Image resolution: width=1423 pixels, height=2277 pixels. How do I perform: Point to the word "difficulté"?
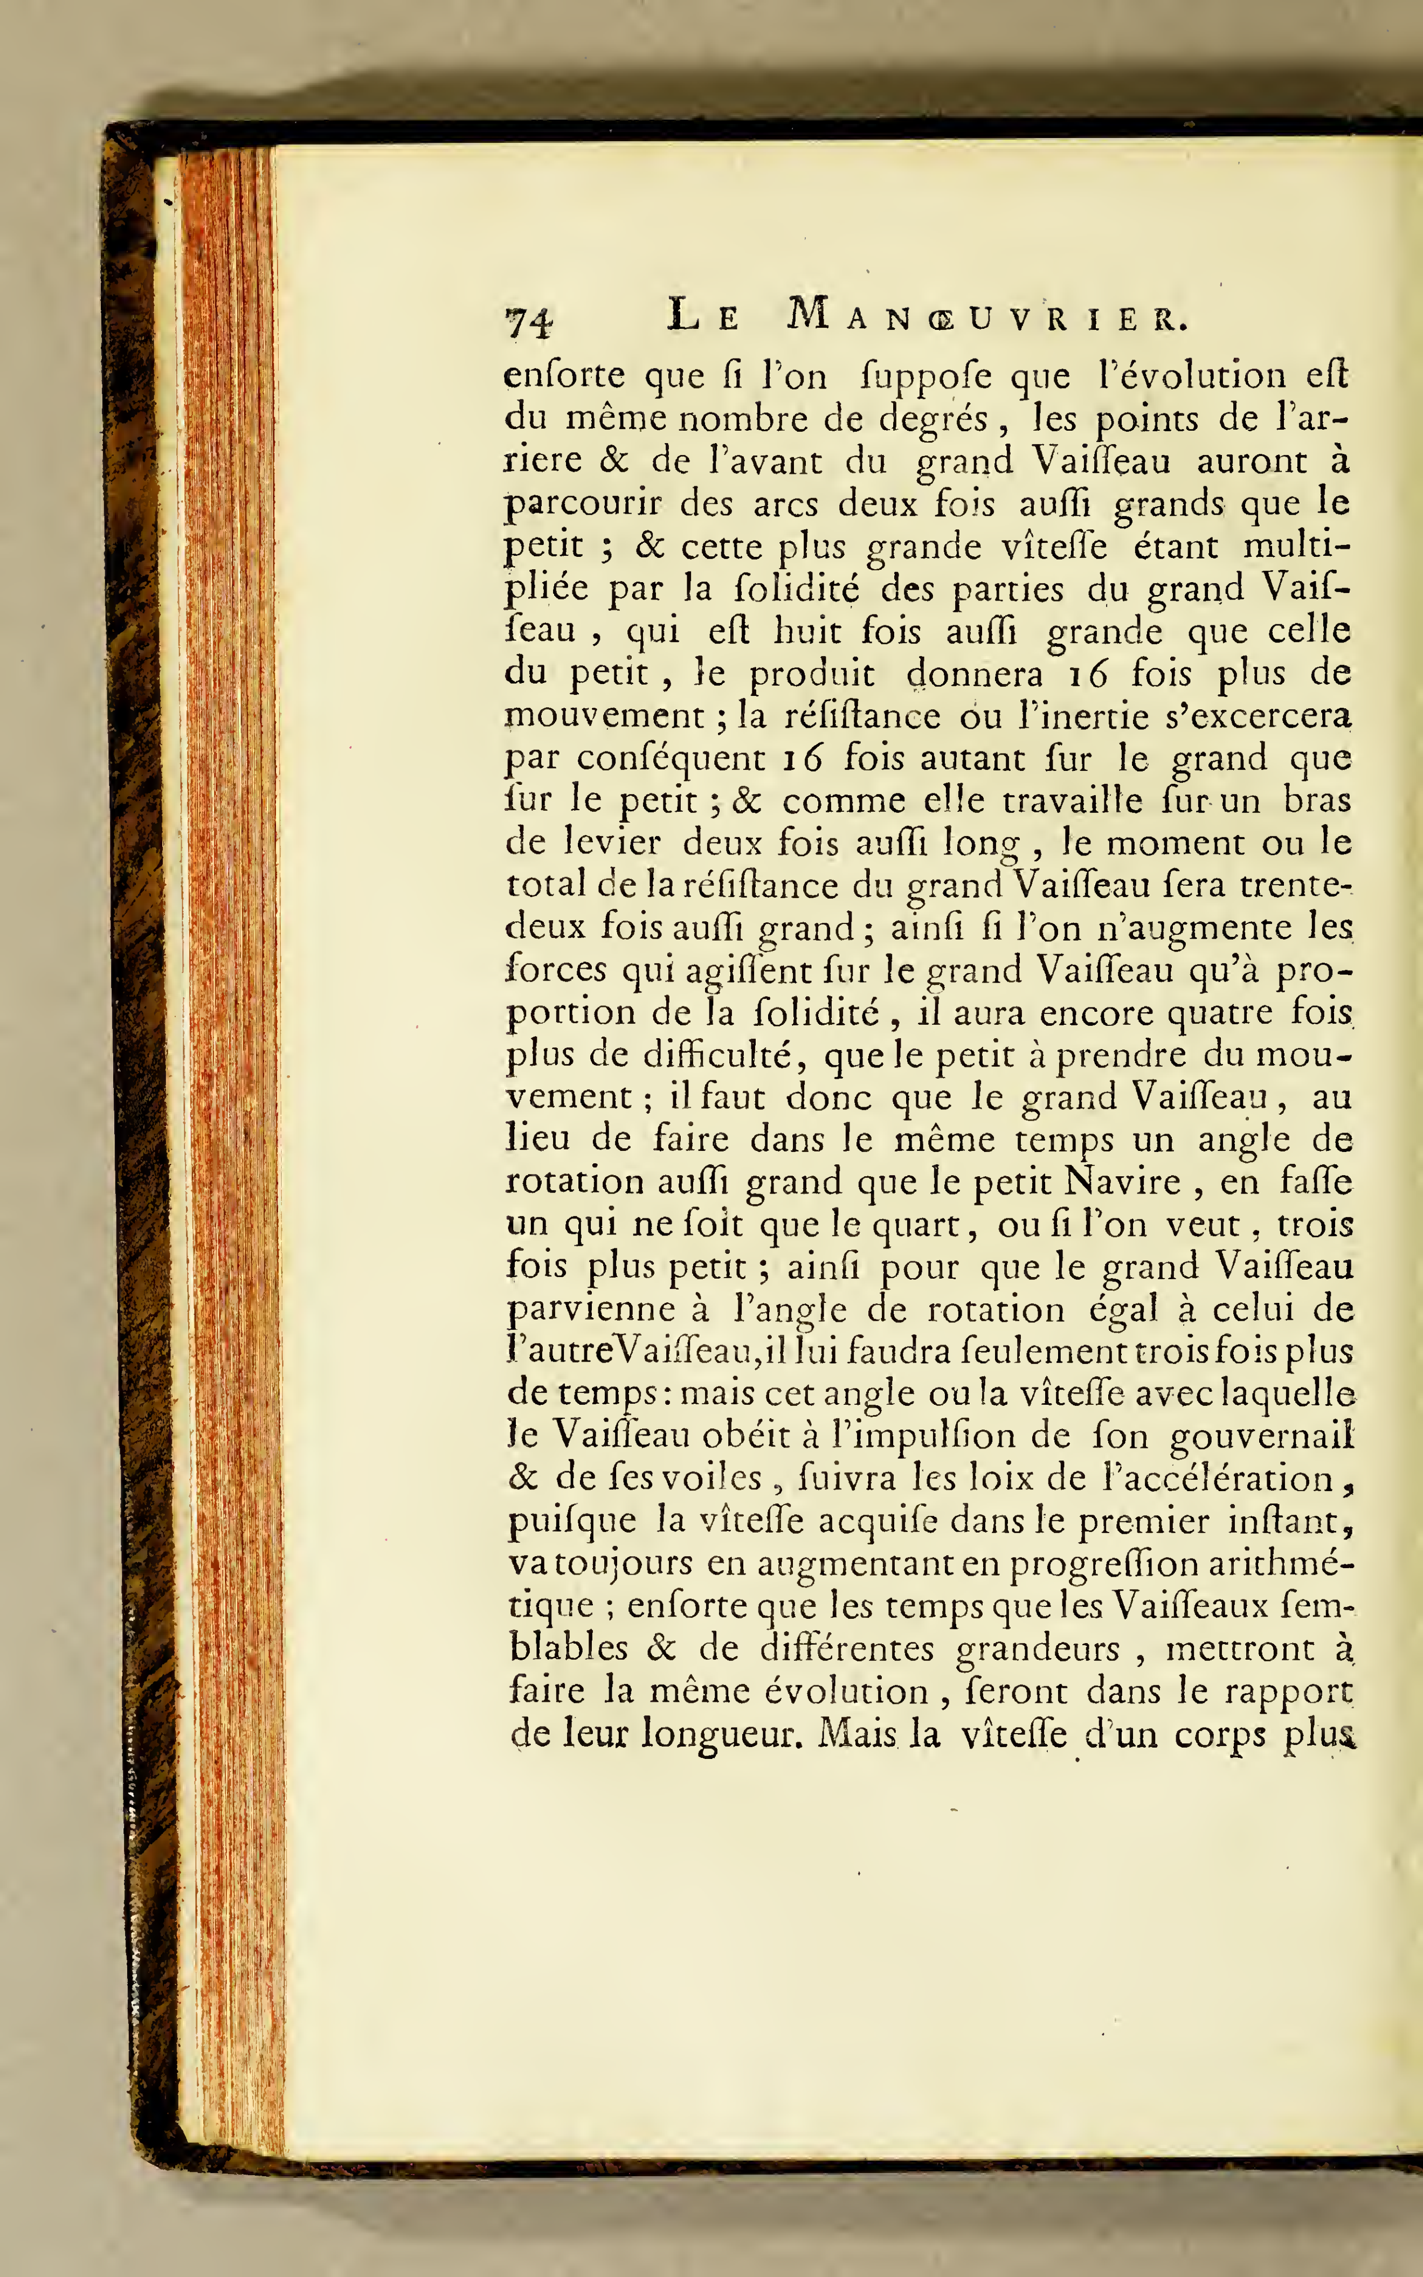tap(723, 1057)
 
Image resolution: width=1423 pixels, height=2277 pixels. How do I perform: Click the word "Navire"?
tap(1123, 1182)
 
